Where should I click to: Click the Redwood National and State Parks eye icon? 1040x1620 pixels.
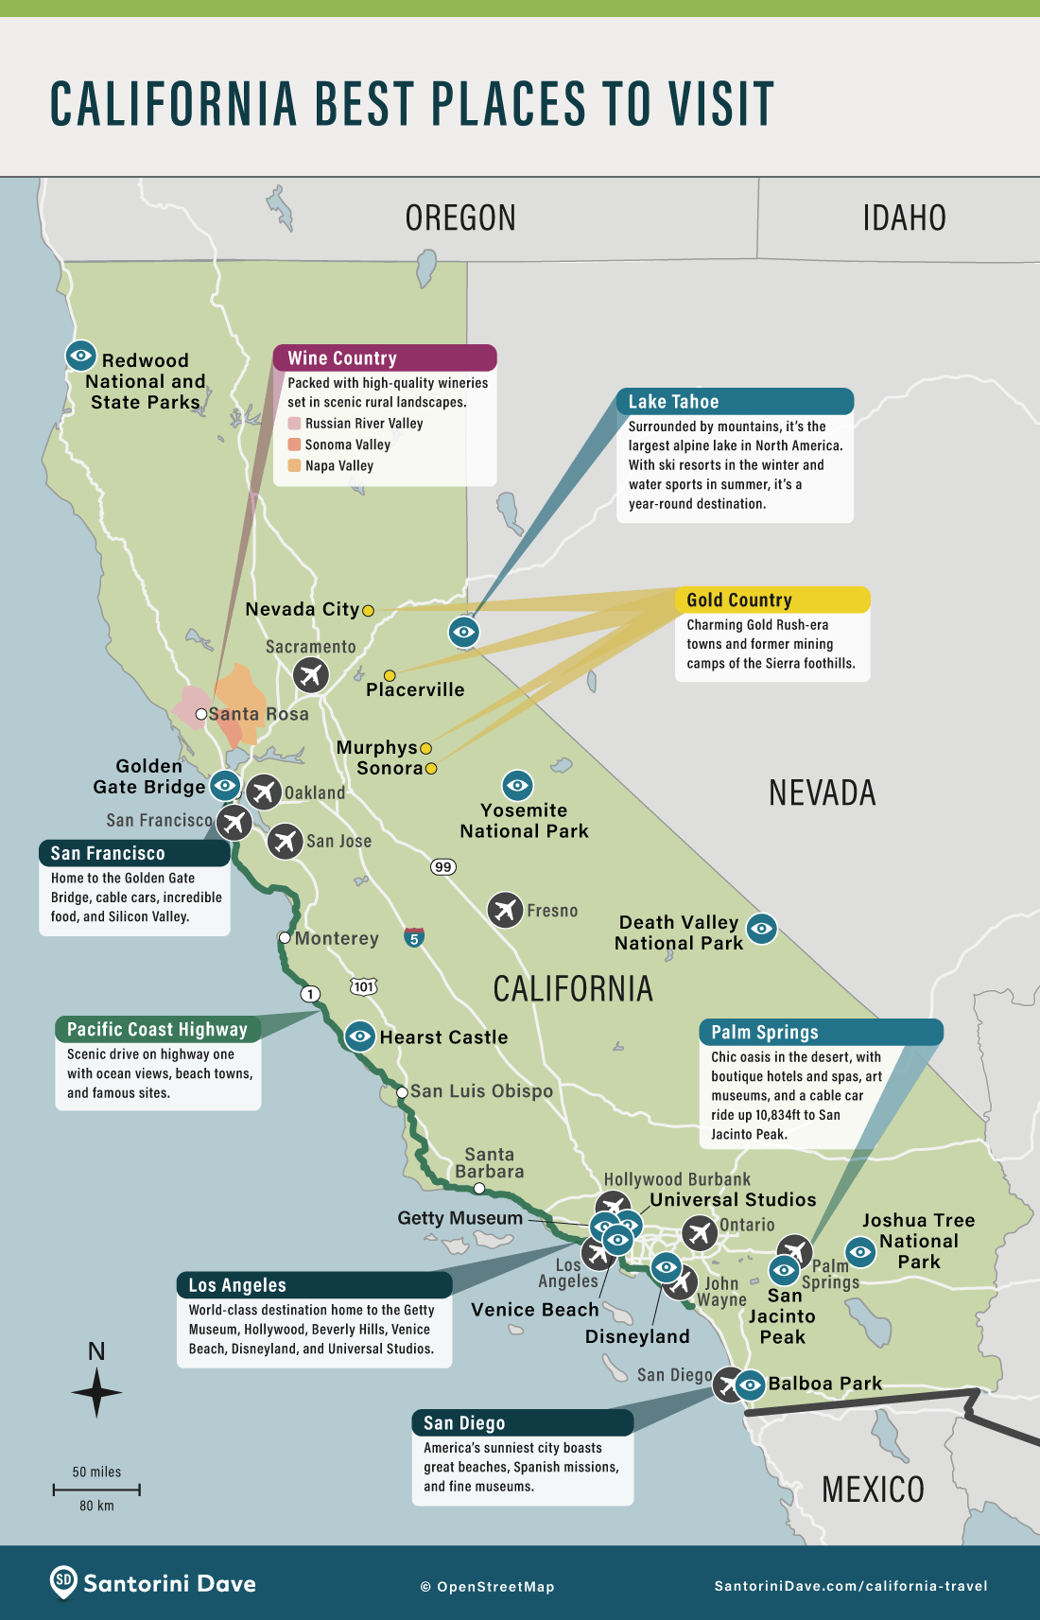pos(81,356)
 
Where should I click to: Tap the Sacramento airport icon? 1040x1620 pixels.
pos(310,675)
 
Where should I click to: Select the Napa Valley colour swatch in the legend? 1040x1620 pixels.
pos(295,465)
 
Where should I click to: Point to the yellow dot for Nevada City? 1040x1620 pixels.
pos(369,611)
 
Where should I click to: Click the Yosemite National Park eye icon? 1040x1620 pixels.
pos(517,785)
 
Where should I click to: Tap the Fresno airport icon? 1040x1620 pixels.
pos(506,910)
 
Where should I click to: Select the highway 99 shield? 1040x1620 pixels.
pos(443,866)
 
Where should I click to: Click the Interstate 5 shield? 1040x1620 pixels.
pos(414,938)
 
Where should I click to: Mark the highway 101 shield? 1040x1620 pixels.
pos(364,986)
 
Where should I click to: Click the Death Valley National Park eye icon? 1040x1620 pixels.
pos(762,929)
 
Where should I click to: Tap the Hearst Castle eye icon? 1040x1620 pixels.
pos(359,1036)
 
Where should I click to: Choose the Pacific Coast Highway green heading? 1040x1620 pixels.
pos(157,1029)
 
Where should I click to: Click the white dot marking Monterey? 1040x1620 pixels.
pos(285,938)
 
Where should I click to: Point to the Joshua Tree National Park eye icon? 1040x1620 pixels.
pos(860,1252)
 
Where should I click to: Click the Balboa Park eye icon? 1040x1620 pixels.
pos(750,1385)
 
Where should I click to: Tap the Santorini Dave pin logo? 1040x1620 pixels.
pos(63,1581)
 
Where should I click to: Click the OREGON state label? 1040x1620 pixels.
pos(460,218)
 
